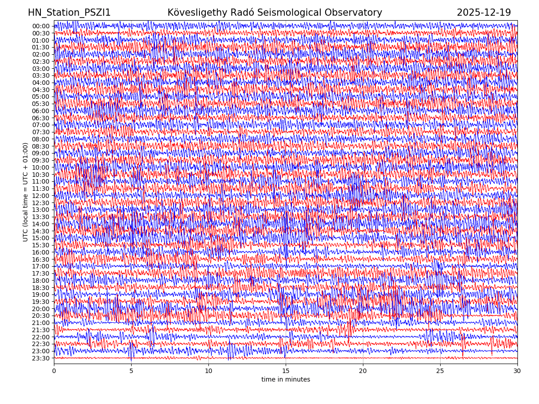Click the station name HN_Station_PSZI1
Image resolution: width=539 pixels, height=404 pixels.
click(69, 13)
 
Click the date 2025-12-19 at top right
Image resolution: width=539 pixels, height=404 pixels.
click(484, 13)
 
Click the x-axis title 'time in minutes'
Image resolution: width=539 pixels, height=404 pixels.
click(286, 379)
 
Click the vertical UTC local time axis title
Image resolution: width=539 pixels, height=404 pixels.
click(26, 192)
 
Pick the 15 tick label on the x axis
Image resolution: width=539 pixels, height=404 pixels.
click(286, 371)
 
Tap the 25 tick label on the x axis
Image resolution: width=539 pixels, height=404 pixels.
click(440, 371)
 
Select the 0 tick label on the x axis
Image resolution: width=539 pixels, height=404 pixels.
click(54, 371)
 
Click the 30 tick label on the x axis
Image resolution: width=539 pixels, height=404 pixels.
click(517, 371)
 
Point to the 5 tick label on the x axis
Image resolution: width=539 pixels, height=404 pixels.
click(131, 371)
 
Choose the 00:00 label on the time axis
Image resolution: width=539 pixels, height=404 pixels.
click(41, 26)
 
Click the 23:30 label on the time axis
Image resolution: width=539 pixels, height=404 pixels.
click(41, 358)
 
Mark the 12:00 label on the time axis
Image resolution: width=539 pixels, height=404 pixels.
click(41, 196)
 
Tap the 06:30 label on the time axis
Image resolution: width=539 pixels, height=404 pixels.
click(41, 118)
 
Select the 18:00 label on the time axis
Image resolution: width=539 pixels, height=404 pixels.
click(41, 281)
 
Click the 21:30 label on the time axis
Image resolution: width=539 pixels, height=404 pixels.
click(41, 330)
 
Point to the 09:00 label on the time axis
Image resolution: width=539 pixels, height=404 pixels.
click(41, 153)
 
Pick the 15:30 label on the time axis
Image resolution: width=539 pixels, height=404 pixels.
click(41, 245)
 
